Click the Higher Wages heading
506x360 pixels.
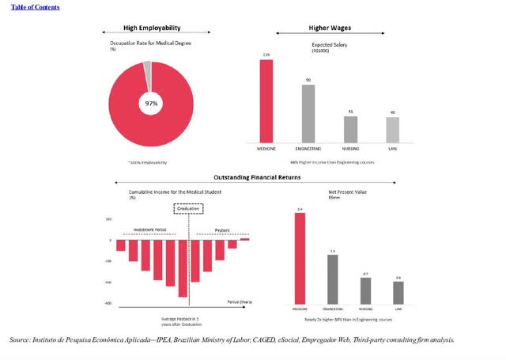click(330, 28)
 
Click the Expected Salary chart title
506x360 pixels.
click(330, 45)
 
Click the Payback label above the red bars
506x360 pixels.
click(222, 230)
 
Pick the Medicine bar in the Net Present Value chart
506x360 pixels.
click(300, 258)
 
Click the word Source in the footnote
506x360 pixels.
click(20, 340)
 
